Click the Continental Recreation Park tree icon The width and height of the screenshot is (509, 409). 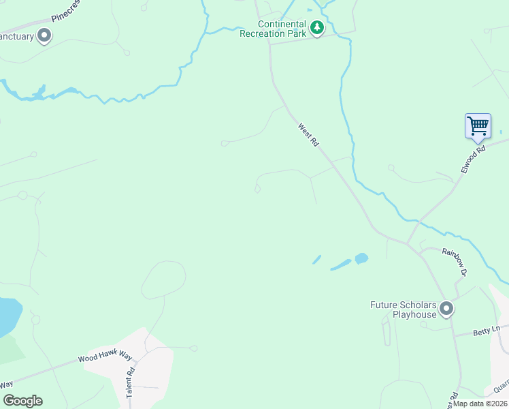pyautogui.click(x=316, y=28)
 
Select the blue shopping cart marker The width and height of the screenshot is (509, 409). pyautogui.click(x=478, y=126)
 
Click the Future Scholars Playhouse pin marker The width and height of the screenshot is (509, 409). pyautogui.click(x=446, y=309)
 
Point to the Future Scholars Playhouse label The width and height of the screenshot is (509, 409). pyautogui.click(x=404, y=309)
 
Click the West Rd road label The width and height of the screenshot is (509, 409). pyautogui.click(x=308, y=134)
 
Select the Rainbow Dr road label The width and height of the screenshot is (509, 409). pyautogui.click(x=454, y=262)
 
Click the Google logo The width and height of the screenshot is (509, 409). pyautogui.click(x=22, y=401)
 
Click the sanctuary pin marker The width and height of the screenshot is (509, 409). pyautogui.click(x=44, y=35)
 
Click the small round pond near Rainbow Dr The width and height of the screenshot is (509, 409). pyautogui.click(x=361, y=258)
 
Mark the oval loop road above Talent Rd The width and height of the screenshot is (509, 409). pyautogui.click(x=163, y=279)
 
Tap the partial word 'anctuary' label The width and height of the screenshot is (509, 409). pyautogui.click(x=16, y=36)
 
